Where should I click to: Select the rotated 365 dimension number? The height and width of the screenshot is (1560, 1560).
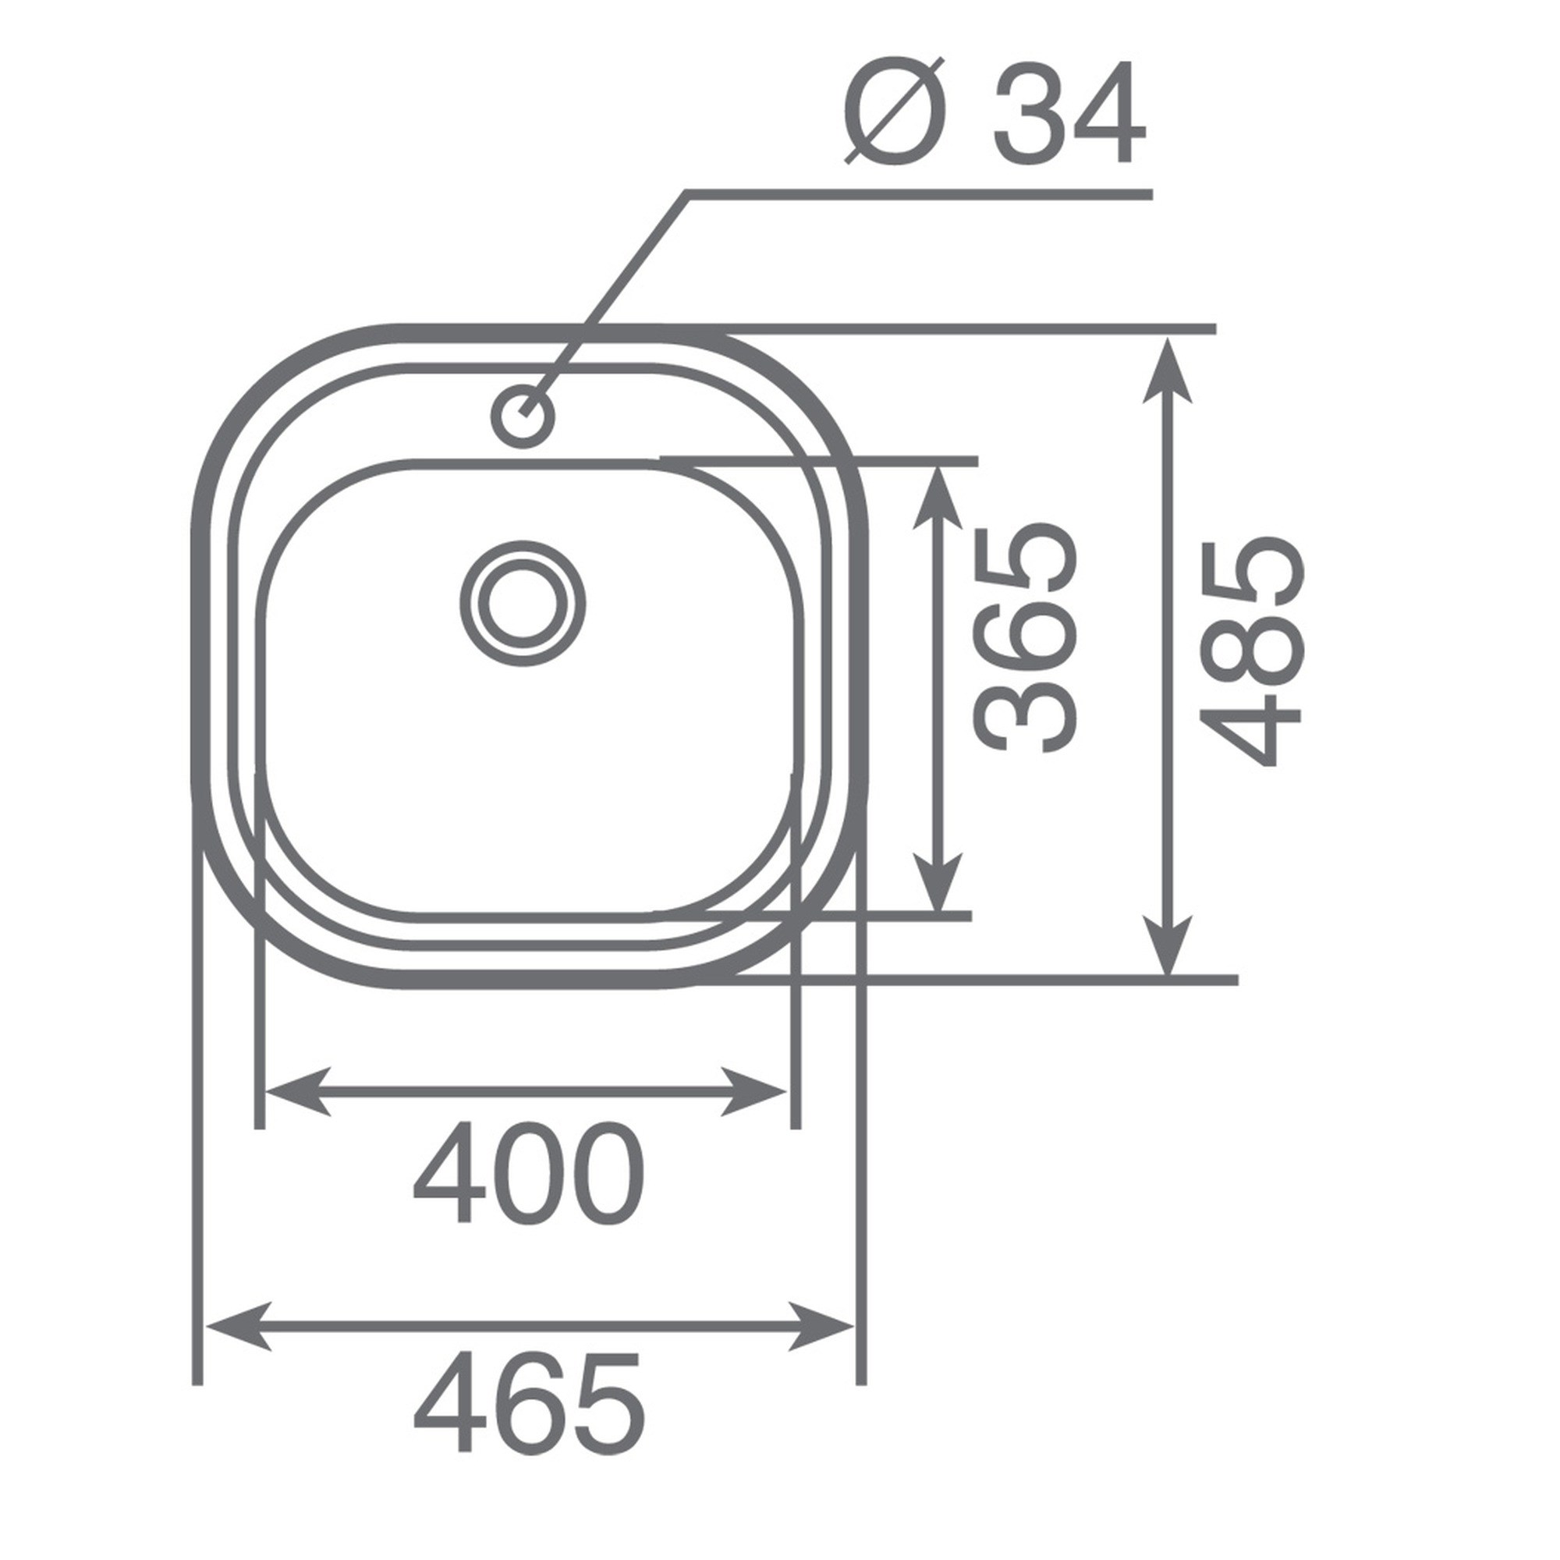pyautogui.click(x=1025, y=638)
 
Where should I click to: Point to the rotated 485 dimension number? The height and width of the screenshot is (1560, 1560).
pyautogui.click(x=1250, y=651)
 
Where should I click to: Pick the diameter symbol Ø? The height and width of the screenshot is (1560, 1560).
pyautogui.click(x=894, y=111)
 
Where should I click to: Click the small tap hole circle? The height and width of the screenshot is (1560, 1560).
pyautogui.click(x=523, y=415)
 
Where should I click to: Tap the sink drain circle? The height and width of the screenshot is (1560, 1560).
pyautogui.click(x=523, y=604)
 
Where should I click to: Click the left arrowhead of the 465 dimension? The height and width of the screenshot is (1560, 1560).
pyautogui.click(x=239, y=1325)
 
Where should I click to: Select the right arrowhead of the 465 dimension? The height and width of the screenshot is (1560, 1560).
pyautogui.click(x=821, y=1325)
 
